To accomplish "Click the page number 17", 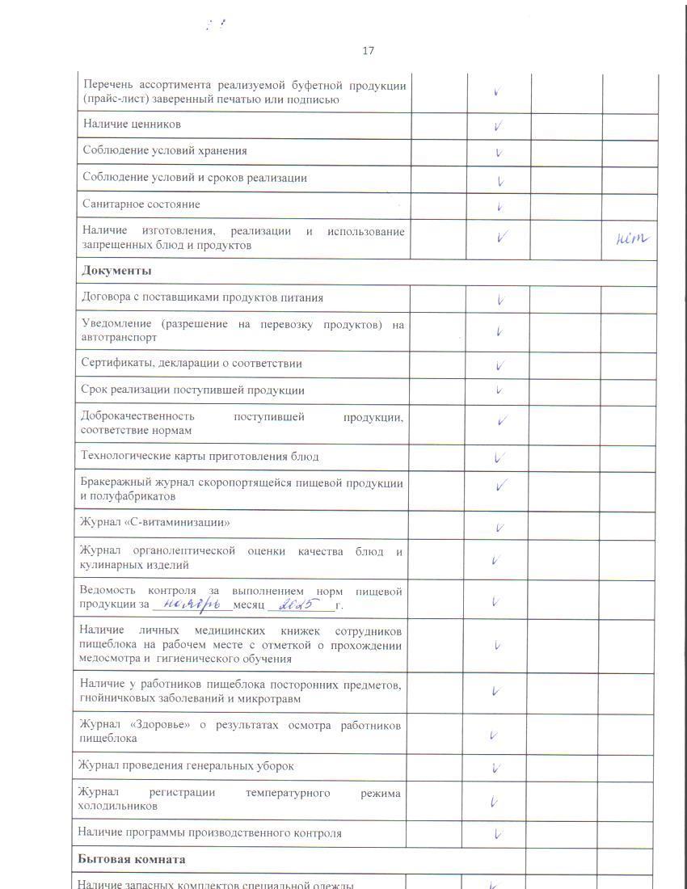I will click(x=368, y=51).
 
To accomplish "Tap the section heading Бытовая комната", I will click(x=132, y=859).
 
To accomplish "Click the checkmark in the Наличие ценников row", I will click(x=499, y=126).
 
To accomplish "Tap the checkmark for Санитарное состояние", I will click(x=499, y=206).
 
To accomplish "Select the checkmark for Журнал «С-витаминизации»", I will click(x=499, y=529).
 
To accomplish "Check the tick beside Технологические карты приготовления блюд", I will click(x=499, y=457).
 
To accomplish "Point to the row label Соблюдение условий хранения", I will click(x=165, y=151).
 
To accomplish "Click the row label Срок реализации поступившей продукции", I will click(x=192, y=390).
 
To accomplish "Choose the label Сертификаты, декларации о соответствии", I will click(x=192, y=364).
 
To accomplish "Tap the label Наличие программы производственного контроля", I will click(x=209, y=832).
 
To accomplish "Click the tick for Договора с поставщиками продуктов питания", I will click(x=500, y=300).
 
